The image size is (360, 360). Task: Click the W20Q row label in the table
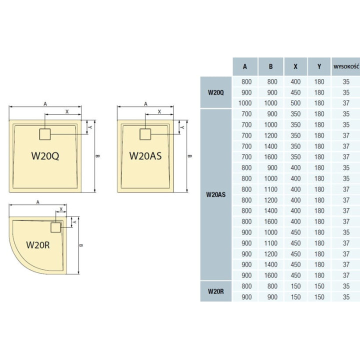(x=215, y=92)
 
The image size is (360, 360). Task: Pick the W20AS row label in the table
(x=215, y=195)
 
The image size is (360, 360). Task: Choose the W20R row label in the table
(x=215, y=291)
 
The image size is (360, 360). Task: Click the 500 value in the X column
(x=295, y=103)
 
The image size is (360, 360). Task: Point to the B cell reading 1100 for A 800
(x=270, y=189)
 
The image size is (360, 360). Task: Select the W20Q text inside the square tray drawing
(x=45, y=155)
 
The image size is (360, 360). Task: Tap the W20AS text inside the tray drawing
(x=145, y=155)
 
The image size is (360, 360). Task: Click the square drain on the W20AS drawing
(x=145, y=134)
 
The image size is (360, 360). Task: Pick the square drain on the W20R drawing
(x=56, y=227)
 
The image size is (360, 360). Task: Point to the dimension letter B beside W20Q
(x=98, y=156)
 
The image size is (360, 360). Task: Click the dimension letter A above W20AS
(x=145, y=104)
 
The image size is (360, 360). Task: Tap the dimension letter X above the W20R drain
(x=61, y=209)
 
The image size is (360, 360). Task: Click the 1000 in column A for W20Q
(x=245, y=103)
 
